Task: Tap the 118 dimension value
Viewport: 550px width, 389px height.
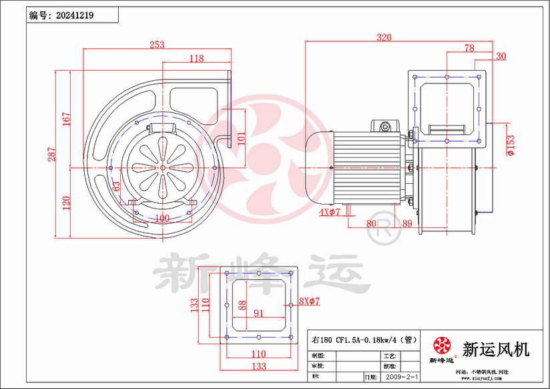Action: [x=196, y=59]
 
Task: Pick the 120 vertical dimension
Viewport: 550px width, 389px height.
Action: [x=66, y=203]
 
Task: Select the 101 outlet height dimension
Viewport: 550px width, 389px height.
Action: [x=242, y=138]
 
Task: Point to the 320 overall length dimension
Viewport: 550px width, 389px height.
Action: [x=384, y=37]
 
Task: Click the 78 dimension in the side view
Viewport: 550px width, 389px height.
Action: [x=469, y=47]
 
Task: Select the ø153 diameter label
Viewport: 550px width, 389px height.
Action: [x=511, y=144]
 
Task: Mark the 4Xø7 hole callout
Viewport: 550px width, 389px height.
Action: [x=330, y=213]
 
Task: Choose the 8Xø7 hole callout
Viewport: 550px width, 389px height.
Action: [x=310, y=301]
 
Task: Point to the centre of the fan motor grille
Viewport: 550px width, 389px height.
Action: [x=162, y=167]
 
